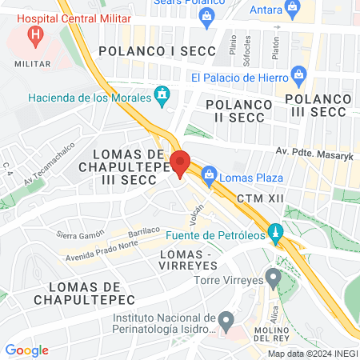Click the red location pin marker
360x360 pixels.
coord(180,162)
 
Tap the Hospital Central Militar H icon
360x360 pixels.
coord(35,34)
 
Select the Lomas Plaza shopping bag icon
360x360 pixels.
coord(209,173)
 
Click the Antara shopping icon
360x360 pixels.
coord(293,9)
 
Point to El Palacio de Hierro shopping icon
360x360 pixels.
coord(299,77)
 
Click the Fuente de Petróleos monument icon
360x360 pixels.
coord(275,234)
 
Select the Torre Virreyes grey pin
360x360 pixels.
coord(273,280)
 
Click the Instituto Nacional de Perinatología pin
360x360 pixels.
coord(226,322)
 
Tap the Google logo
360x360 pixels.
coord(26,350)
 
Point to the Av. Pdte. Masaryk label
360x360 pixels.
coord(308,152)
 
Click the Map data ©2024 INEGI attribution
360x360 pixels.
coord(312,354)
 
